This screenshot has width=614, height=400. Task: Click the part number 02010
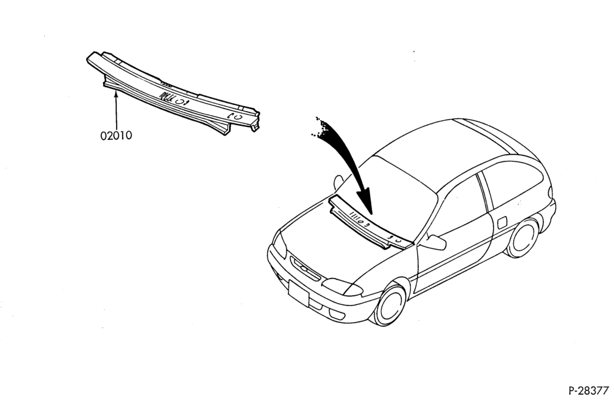tap(116, 136)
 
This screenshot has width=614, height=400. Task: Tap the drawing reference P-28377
tap(588, 391)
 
